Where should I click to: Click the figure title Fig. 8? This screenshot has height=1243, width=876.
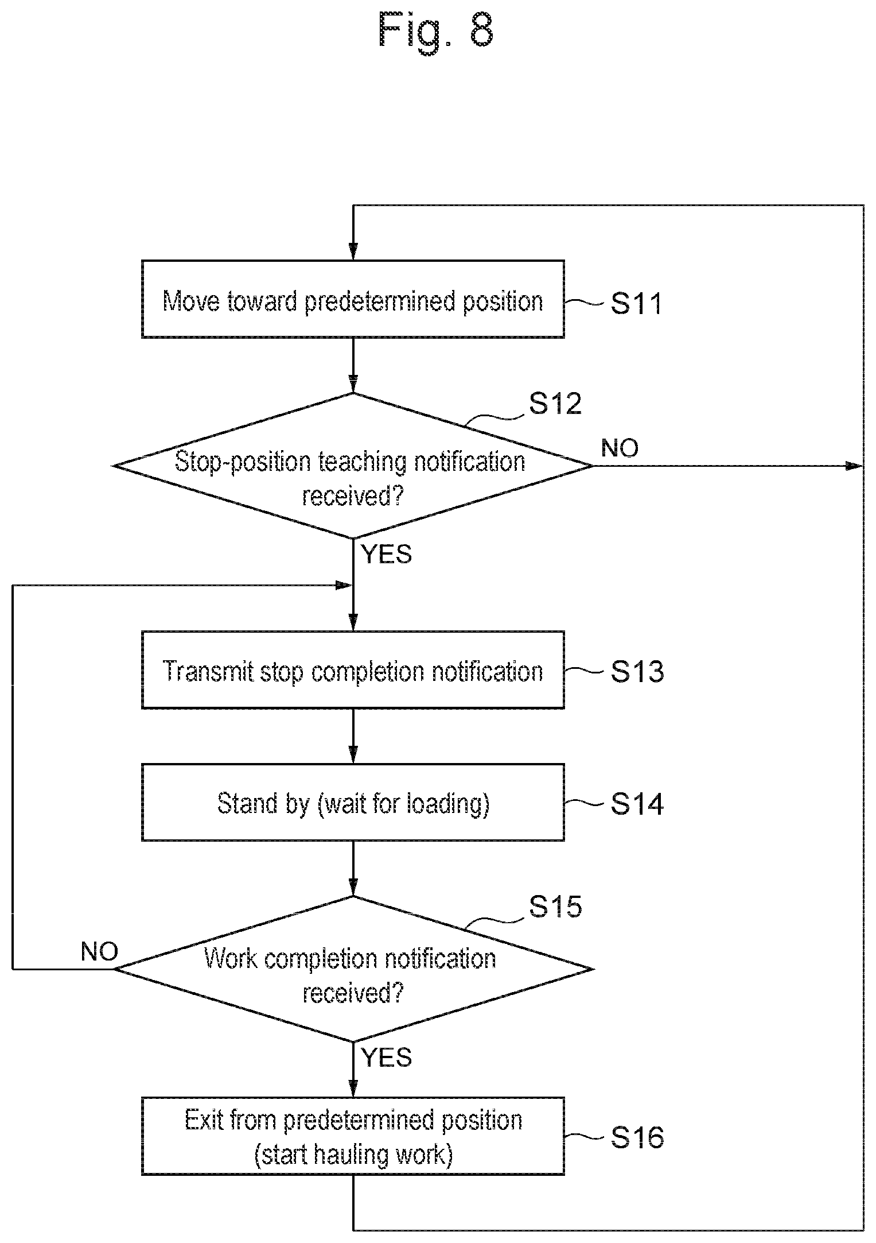tap(436, 31)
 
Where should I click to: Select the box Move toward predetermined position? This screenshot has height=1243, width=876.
tap(353, 299)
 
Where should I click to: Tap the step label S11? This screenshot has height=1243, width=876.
tap(637, 303)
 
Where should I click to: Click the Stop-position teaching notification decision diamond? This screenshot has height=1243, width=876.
tap(353, 466)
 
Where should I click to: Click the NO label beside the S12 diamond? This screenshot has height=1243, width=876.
tap(620, 448)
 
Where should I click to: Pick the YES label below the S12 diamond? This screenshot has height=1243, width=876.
tap(387, 554)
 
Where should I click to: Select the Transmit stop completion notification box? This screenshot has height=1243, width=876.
tap(353, 670)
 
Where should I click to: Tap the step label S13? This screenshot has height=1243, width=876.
tap(637, 671)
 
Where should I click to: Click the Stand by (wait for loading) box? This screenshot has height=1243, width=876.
tap(353, 803)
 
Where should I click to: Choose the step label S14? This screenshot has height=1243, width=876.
tap(637, 804)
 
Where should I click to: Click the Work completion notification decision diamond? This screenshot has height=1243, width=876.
tap(353, 969)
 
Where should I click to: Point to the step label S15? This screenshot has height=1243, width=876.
tap(555, 907)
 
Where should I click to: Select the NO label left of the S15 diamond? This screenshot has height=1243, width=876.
tap(100, 951)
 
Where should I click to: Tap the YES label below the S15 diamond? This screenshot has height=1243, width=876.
tap(387, 1058)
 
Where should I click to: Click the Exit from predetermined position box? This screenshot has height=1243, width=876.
tap(353, 1137)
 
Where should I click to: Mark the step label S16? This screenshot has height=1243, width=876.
tap(637, 1138)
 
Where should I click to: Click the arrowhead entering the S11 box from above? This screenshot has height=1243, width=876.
tap(353, 252)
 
